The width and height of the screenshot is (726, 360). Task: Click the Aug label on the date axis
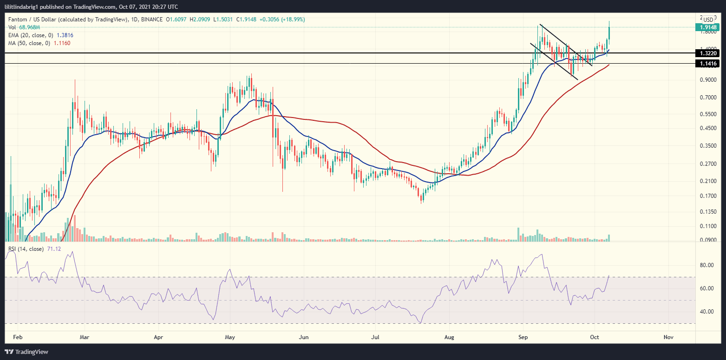point(449,336)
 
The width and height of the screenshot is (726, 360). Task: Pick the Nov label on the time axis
point(668,336)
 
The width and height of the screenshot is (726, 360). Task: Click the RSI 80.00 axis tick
point(707,265)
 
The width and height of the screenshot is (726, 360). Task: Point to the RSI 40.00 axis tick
point(707,312)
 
